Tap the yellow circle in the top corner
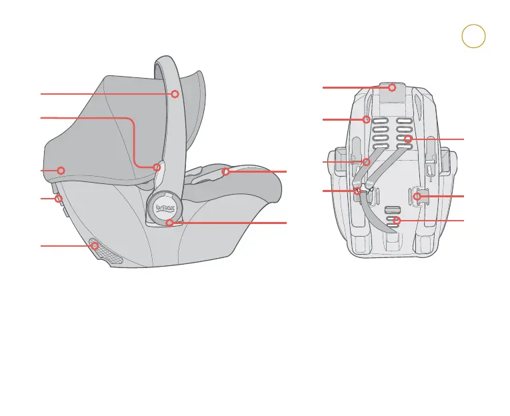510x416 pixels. click(x=473, y=37)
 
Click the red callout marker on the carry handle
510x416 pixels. click(x=175, y=94)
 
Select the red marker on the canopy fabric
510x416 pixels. click(x=61, y=170)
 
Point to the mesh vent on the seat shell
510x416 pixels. click(x=107, y=253)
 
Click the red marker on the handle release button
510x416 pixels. click(x=157, y=167)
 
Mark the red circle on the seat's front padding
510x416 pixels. click(x=226, y=172)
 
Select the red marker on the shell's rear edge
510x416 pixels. click(x=59, y=199)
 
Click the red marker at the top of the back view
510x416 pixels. click(x=393, y=87)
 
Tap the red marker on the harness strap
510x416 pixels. click(x=366, y=162)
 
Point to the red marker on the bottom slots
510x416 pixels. click(x=397, y=220)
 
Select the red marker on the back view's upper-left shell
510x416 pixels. click(x=366, y=119)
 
